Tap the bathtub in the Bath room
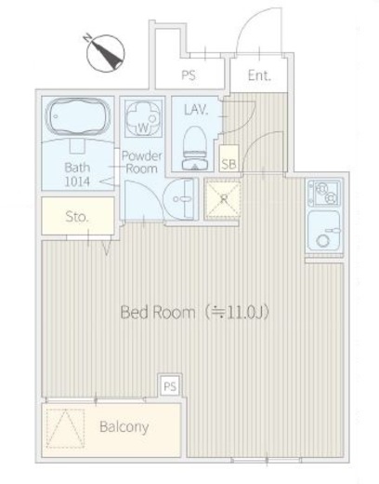(77, 117)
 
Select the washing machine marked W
(143, 119)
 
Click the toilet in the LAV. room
(195, 148)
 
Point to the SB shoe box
(229, 158)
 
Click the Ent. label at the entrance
(259, 75)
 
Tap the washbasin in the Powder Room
(180, 199)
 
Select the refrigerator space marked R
(224, 199)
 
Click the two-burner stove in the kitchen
(325, 193)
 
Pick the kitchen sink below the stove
(324, 231)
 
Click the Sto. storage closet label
(77, 217)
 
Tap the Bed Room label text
(158, 312)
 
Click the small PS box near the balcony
(170, 386)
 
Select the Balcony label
(124, 427)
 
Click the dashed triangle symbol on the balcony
(66, 428)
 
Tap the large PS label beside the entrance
(189, 75)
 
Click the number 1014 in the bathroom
(77, 181)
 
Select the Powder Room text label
(142, 162)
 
